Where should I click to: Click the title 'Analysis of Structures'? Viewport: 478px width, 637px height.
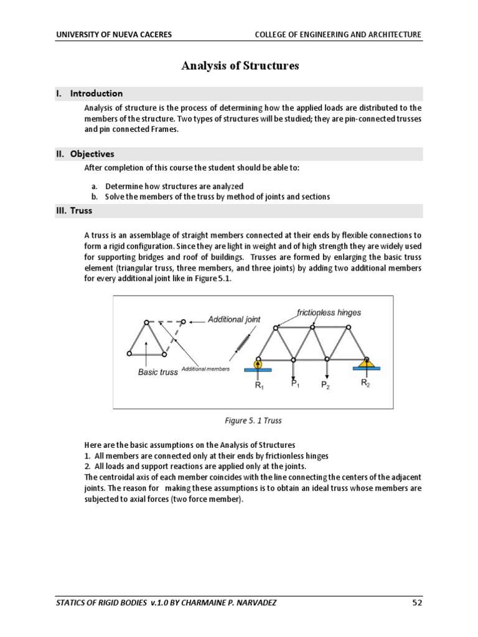240,66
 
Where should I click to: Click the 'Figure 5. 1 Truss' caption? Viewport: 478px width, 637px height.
253,421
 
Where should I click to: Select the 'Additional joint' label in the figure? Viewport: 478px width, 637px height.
235,320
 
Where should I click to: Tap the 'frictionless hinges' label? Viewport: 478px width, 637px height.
329,312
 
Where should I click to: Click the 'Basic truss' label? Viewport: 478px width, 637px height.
157,373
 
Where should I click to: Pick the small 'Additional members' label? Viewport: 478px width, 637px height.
205,369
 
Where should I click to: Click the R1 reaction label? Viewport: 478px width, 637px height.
258,385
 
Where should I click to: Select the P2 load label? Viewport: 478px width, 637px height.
326,386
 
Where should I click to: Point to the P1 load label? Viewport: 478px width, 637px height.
295,384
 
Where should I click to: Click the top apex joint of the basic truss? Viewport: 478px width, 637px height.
146,322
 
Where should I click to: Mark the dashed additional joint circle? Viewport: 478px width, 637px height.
183,322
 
